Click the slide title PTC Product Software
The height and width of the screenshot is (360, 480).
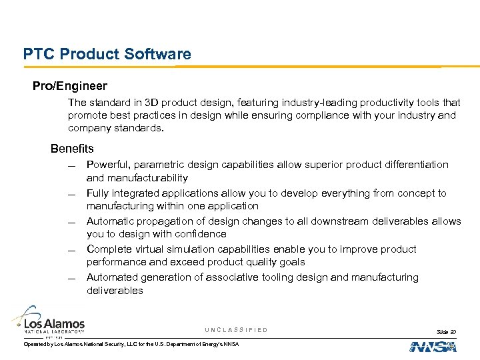point(107,54)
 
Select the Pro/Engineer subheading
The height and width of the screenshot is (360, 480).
point(70,87)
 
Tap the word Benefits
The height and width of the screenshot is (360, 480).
point(72,149)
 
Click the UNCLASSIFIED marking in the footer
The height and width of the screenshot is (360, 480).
point(236,330)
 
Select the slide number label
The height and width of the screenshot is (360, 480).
point(446,331)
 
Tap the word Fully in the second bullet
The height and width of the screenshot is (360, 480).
point(98,193)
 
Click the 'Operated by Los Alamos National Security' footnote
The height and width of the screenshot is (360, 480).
point(131,343)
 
